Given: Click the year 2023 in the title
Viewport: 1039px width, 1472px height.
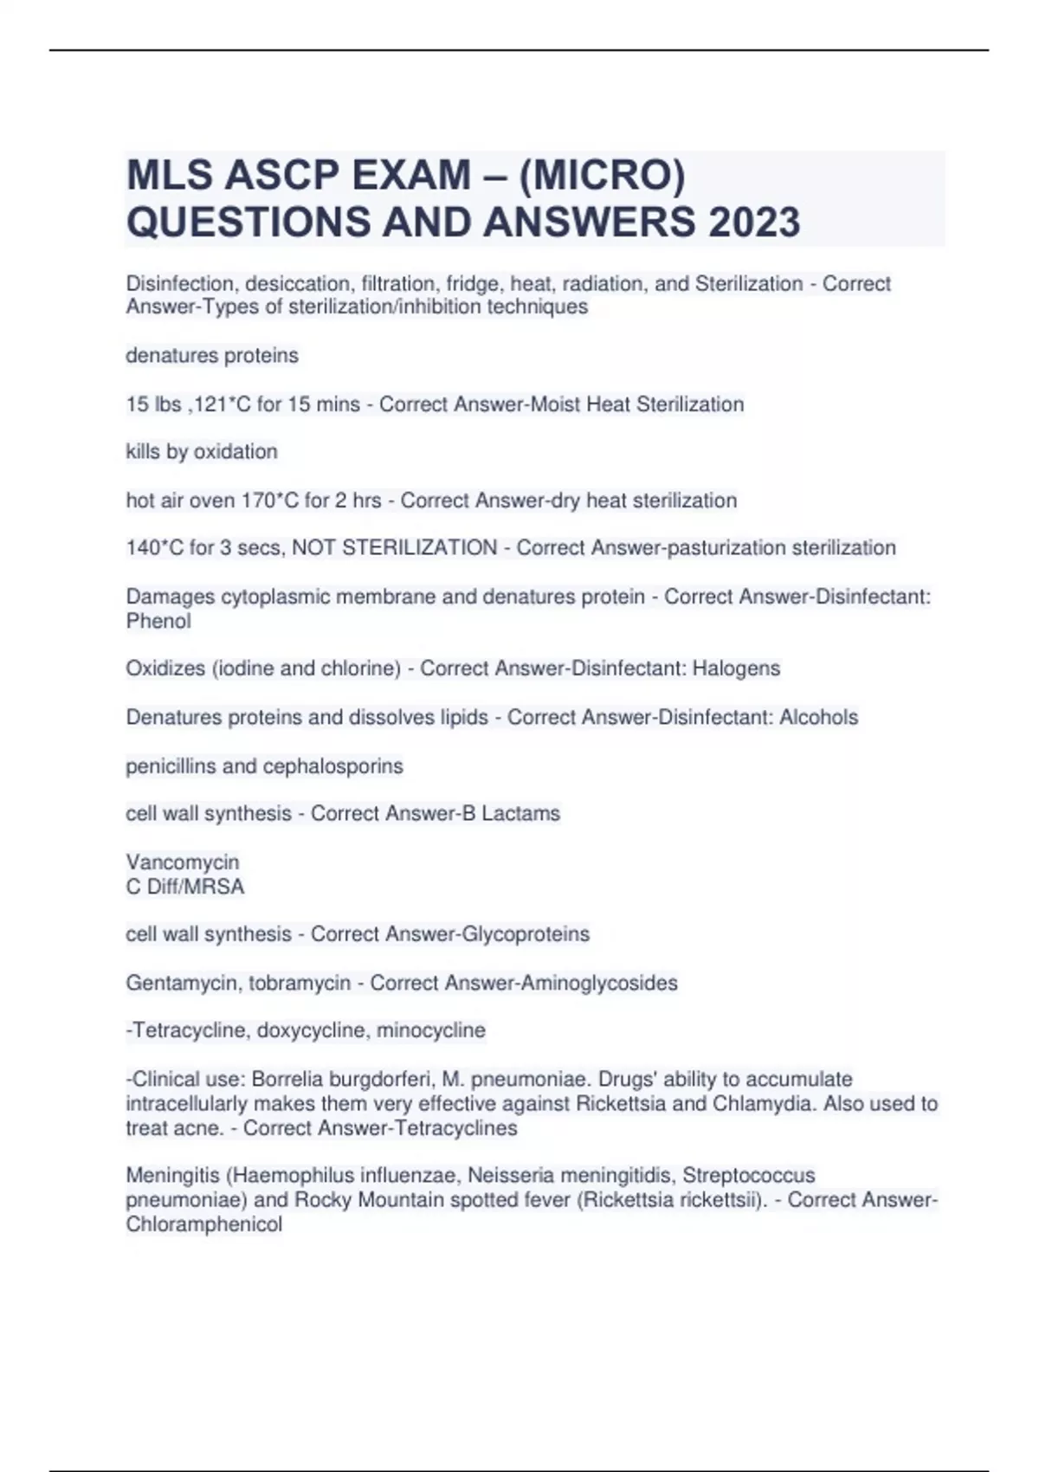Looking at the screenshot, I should (754, 222).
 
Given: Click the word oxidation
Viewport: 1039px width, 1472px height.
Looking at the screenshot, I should (235, 452).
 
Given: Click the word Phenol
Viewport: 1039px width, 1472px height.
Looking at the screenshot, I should (158, 621).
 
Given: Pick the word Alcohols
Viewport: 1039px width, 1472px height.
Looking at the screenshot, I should (818, 717).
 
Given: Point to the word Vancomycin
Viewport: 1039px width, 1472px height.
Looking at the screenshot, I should (183, 862).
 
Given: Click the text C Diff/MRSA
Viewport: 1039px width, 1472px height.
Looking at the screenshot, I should (185, 887).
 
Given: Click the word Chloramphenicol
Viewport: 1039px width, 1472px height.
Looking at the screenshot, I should (204, 1224).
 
